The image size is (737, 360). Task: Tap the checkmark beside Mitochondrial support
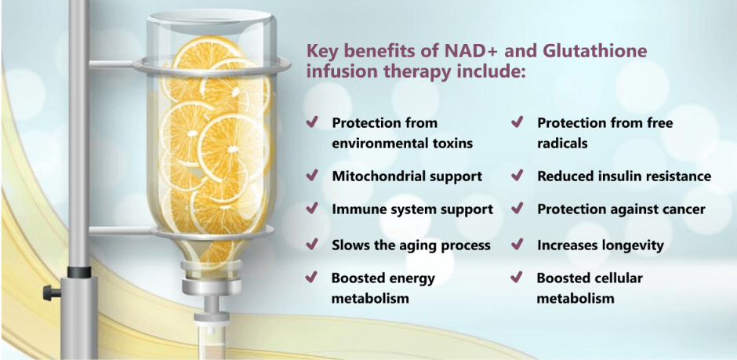pyautogui.click(x=311, y=176)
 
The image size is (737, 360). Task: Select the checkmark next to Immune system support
pyautogui.click(x=311, y=209)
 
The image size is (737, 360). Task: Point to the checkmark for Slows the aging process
pyautogui.click(x=311, y=245)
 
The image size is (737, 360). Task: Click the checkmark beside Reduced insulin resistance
pyautogui.click(x=517, y=176)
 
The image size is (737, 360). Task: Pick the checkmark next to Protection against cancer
pyautogui.click(x=517, y=209)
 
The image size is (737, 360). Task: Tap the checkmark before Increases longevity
pyautogui.click(x=517, y=245)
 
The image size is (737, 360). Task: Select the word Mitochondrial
pyautogui.click(x=379, y=176)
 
